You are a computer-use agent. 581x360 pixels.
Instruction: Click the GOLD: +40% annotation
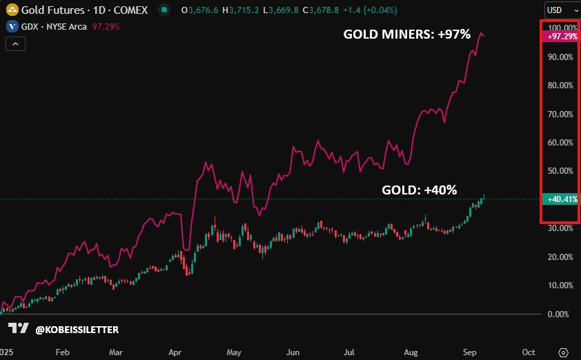tap(420, 190)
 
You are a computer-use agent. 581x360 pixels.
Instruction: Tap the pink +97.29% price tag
tap(561, 36)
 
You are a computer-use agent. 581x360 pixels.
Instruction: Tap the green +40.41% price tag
tap(561, 199)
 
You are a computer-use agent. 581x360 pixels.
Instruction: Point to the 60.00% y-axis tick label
tap(560, 143)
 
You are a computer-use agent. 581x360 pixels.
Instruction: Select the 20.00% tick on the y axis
tap(560, 257)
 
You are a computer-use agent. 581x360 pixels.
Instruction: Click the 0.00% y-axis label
tap(558, 314)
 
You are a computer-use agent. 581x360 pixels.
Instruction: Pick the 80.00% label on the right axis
tap(560, 86)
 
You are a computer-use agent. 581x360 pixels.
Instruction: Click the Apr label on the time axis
tap(175, 352)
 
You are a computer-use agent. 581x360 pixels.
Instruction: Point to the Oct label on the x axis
tap(529, 352)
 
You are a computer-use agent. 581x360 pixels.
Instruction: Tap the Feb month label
tap(62, 352)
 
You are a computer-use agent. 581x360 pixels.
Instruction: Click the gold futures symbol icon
tap(12, 10)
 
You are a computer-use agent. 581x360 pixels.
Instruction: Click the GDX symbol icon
tap(12, 26)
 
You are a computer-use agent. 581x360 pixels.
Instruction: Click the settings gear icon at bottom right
tap(563, 352)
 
